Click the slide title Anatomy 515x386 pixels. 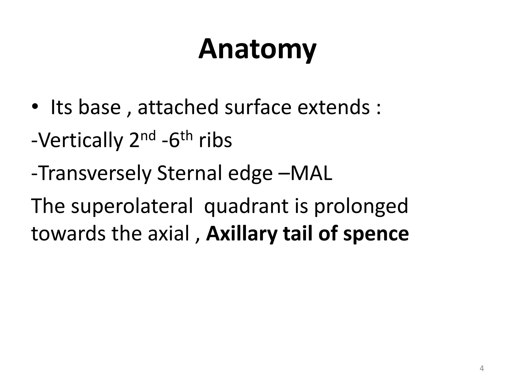pos(257,49)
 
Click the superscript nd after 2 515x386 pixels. pos(149,136)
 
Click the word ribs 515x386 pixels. pos(215,141)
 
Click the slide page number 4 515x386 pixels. pos(482,369)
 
